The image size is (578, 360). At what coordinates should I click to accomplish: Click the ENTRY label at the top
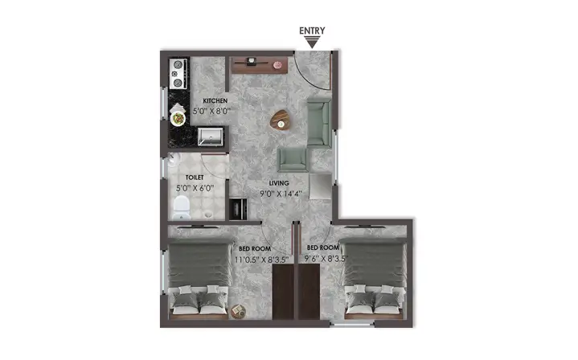point(312,31)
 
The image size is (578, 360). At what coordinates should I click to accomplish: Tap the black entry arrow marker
point(312,43)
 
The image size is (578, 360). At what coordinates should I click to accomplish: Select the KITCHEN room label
point(215,100)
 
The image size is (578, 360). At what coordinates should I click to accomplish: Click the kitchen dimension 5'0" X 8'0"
point(211,111)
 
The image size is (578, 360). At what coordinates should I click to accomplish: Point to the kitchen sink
point(210,137)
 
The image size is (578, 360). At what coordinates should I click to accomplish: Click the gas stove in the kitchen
point(178,74)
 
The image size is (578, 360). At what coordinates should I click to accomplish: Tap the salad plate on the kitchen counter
point(178,118)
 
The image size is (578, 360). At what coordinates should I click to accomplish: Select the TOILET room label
point(195,178)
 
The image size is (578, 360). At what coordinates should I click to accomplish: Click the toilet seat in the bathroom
point(182,207)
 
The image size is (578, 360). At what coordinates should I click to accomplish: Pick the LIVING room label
point(279,183)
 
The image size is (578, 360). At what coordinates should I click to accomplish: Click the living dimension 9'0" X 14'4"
point(281,193)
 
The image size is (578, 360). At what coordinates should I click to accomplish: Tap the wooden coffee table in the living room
point(280,120)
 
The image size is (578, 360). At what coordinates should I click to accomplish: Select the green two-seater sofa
point(319,122)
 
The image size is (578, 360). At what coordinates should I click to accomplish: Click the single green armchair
point(293,160)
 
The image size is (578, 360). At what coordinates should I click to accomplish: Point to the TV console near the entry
point(259,65)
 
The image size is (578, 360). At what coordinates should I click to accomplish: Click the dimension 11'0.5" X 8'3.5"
point(261,260)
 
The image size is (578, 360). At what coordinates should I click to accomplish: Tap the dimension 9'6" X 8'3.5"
point(326,259)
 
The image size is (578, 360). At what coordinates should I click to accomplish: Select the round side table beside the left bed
point(238,311)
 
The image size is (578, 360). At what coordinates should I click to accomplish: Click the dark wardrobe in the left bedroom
point(283,292)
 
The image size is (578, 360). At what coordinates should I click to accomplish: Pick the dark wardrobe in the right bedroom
point(309,292)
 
